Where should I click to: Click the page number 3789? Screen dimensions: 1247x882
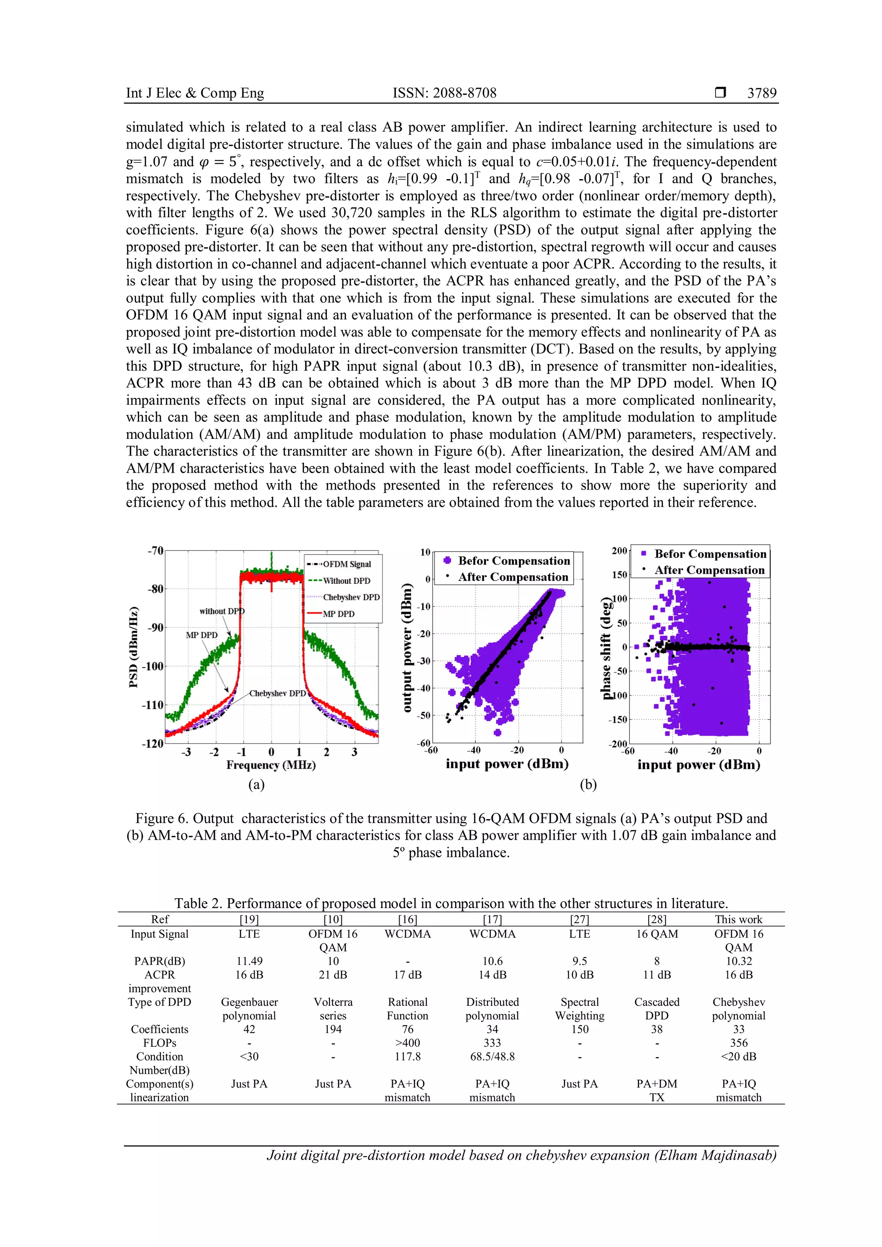tap(761, 93)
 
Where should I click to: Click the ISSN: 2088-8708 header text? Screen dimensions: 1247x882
tap(444, 93)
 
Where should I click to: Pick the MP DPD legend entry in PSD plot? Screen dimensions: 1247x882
tap(339, 614)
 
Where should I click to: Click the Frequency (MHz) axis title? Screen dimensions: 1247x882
tap(271, 765)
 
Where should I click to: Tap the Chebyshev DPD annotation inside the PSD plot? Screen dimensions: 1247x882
tap(277, 694)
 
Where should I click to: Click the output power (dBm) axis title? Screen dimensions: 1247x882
tap(407, 647)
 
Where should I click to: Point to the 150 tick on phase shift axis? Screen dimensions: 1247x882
tap(619, 574)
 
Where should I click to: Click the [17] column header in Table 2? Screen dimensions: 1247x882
tap(492, 919)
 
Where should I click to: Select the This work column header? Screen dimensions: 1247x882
tap(738, 919)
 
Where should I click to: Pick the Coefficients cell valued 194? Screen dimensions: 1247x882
tap(333, 1029)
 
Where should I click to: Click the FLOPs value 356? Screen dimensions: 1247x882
tap(739, 1043)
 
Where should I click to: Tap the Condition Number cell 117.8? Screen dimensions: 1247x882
tap(407, 1056)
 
